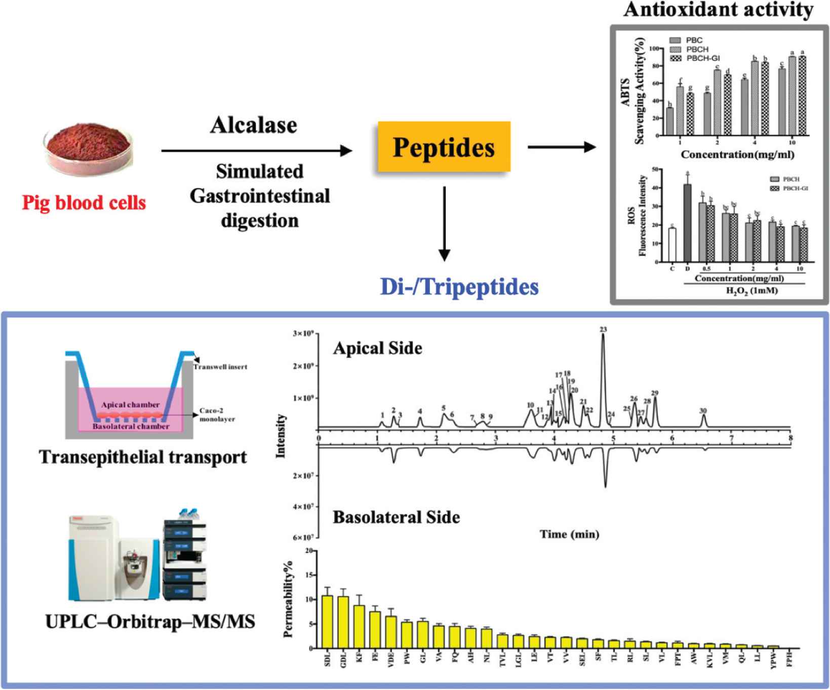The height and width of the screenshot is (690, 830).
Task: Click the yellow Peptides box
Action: coord(443,147)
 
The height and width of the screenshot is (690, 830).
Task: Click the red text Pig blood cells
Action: coord(84,203)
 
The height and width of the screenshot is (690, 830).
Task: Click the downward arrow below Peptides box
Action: coord(444,223)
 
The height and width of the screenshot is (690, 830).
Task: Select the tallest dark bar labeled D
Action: coord(687,223)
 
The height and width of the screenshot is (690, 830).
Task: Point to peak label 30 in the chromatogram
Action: coord(702,411)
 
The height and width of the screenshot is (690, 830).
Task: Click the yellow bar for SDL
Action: coord(328,622)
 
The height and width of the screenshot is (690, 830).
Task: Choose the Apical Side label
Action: coord(377,349)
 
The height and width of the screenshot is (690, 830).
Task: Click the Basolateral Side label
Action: coord(396,517)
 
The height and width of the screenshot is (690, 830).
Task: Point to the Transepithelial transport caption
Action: coord(143,457)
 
